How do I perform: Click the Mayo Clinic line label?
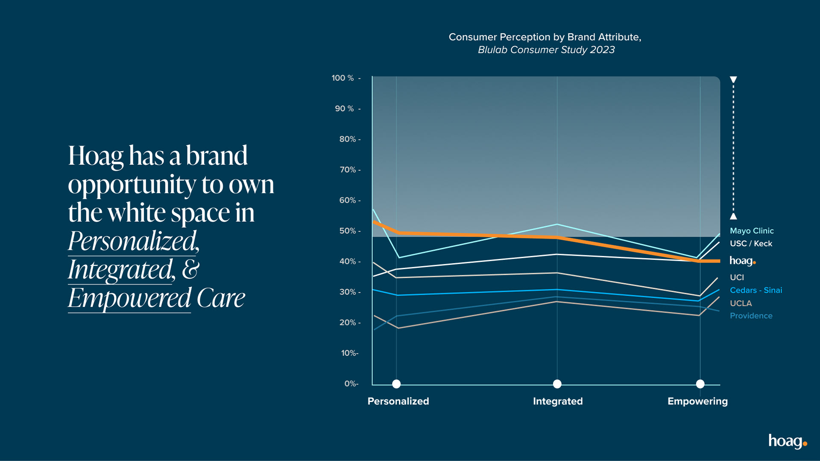751,231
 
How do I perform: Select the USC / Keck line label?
751,244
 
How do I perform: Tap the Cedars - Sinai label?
756,290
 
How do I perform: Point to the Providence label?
751,316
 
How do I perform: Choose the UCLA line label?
741,303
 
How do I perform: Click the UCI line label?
737,277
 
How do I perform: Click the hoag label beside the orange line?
742,261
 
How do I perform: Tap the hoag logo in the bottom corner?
787,441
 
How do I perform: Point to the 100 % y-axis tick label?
343,78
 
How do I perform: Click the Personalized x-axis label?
398,401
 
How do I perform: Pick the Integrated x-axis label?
557,401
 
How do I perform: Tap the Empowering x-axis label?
697,401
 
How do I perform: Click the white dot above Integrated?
557,384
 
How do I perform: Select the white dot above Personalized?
396,384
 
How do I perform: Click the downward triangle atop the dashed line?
733,79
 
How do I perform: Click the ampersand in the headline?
190,269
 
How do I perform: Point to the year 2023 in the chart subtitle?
602,50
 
